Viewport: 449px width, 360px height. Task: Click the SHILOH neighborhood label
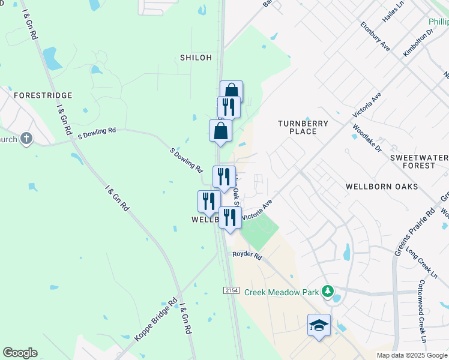196,58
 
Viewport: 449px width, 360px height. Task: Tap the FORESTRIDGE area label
43,95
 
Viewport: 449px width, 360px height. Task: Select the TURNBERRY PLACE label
303,127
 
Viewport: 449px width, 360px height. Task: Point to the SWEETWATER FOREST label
419,161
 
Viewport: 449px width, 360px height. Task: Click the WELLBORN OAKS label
381,187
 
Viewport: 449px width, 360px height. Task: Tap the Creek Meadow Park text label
282,292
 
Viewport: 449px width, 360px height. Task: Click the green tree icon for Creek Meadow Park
328,292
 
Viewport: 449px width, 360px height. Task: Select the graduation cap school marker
319,326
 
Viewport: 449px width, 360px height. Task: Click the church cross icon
26,139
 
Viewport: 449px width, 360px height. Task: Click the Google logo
20,353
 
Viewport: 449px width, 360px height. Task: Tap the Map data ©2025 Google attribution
412,355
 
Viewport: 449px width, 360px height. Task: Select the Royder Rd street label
247,256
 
